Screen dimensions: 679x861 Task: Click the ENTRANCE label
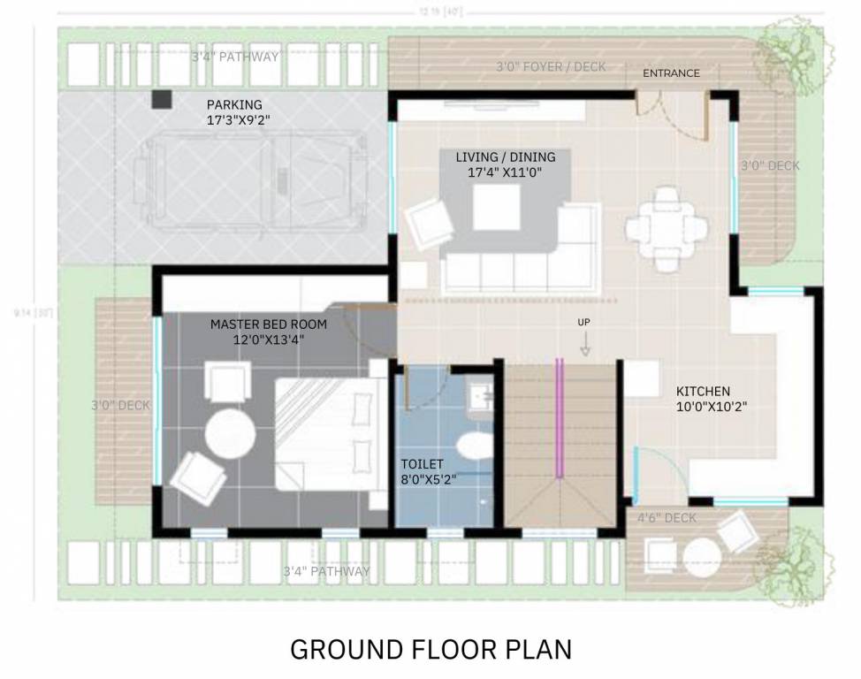point(671,73)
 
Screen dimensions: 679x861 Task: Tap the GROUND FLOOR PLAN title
point(430,650)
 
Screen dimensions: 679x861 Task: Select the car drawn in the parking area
point(249,176)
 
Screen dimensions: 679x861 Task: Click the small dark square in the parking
point(161,100)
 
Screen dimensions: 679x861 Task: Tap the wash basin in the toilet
point(482,397)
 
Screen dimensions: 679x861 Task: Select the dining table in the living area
point(667,227)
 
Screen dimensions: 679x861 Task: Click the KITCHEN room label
point(703,391)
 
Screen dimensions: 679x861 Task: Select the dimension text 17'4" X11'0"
point(504,172)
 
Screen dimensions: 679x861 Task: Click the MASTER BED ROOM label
point(268,324)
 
